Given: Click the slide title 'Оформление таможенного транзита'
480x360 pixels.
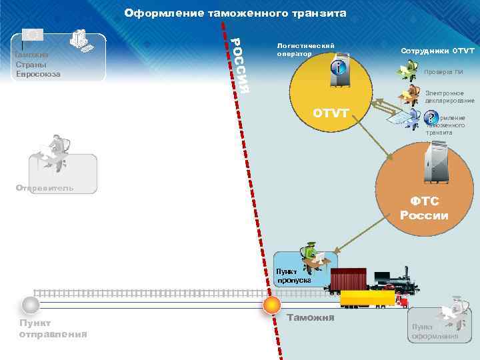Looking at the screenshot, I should tap(235, 13).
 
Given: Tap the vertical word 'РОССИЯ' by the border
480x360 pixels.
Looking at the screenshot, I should tap(241, 65).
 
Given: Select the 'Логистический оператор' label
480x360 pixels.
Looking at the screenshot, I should tap(305, 49).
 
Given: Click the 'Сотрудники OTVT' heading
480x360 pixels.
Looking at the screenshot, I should tap(437, 51).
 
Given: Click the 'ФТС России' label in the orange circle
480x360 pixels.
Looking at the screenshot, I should tap(424, 209).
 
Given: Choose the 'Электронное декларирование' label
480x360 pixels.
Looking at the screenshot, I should tap(449, 97).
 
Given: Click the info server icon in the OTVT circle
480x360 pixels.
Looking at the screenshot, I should tap(340, 67).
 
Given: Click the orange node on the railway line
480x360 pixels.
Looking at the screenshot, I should tap(271, 305).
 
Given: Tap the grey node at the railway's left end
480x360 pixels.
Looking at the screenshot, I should tap(30, 305).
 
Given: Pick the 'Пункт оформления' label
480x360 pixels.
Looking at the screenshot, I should tap(434, 331).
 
